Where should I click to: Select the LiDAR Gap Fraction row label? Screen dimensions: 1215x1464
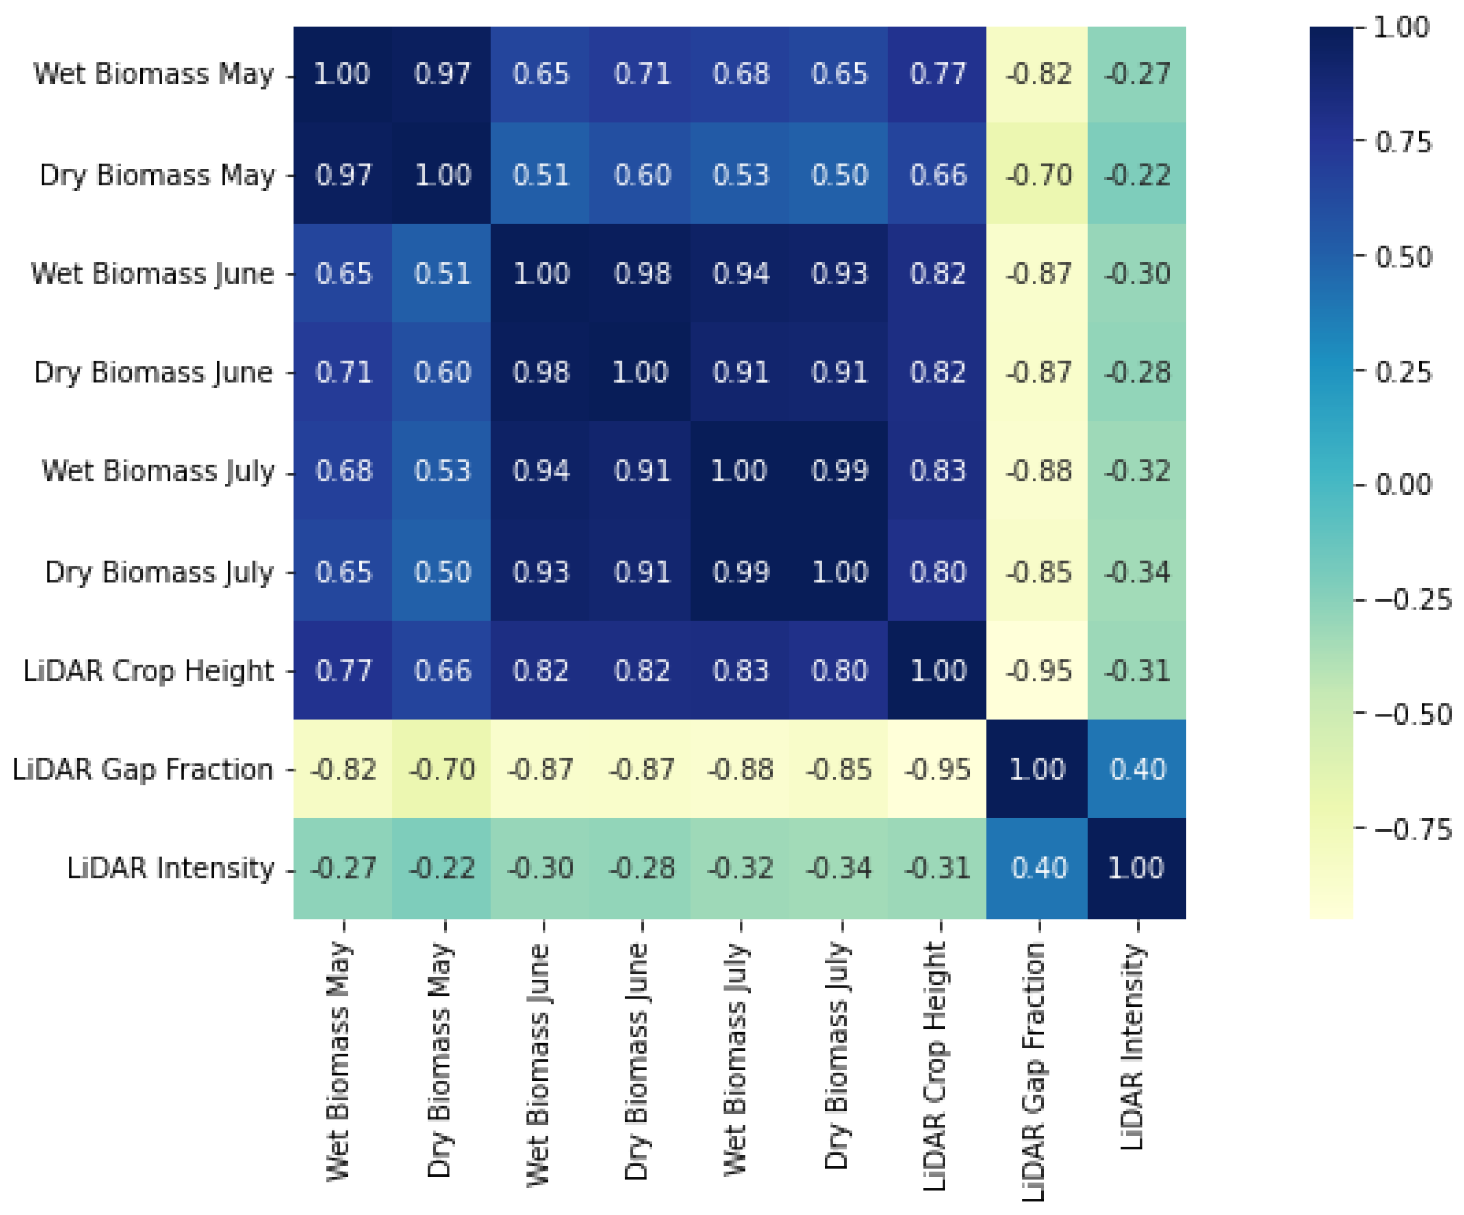point(143,770)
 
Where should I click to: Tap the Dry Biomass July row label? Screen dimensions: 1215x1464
point(159,572)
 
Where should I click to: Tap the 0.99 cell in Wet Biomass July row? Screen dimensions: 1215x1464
point(839,471)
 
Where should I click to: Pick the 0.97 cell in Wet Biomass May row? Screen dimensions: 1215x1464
point(442,74)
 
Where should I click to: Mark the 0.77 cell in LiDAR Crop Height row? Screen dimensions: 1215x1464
point(343,671)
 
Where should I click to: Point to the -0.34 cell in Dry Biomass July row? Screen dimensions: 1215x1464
point(1137,572)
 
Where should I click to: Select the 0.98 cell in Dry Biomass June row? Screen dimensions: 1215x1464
point(541,372)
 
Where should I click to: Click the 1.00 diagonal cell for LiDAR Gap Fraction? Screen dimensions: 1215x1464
point(1038,770)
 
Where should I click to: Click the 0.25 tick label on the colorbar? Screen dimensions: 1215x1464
point(1402,372)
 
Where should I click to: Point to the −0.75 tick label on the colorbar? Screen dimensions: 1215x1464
point(1412,830)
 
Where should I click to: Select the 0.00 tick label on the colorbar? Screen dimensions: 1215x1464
point(1402,484)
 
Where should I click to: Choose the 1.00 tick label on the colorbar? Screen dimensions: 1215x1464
point(1401,28)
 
